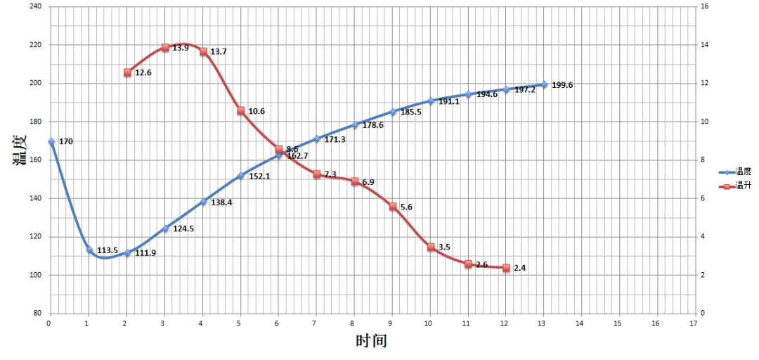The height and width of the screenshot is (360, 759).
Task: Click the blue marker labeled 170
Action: [51, 141]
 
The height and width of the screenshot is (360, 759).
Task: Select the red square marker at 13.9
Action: [165, 47]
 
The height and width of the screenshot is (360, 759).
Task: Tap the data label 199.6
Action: [562, 85]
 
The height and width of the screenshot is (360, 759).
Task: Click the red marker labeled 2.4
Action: [506, 267]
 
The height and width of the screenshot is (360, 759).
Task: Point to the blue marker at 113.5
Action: [89, 250]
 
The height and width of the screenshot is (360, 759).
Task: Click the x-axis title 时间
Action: [371, 342]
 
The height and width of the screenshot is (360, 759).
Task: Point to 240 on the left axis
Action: [34, 6]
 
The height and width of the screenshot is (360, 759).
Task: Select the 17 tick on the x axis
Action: [694, 323]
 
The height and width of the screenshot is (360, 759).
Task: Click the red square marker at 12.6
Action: [127, 72]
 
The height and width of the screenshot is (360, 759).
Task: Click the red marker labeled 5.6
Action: [392, 206]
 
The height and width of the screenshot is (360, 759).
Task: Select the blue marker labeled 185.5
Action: [393, 112]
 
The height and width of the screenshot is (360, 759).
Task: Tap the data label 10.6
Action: [257, 111]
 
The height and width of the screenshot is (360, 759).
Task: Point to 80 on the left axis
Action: [37, 313]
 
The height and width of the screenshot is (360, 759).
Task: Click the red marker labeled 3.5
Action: [430, 247]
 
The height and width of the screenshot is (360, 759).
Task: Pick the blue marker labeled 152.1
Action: [240, 176]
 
